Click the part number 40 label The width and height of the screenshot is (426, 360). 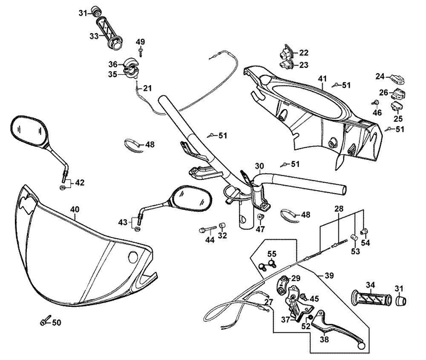75,210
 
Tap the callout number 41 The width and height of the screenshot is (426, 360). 322,78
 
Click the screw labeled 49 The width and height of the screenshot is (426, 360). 141,52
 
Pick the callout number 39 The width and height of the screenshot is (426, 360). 329,275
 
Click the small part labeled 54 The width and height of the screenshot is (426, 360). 364,231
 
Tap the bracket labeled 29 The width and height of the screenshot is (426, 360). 284,283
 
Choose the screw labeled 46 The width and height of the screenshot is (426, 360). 376,102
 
